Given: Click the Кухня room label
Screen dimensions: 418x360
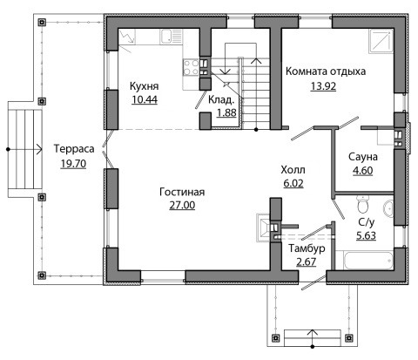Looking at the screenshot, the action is (x=144, y=86).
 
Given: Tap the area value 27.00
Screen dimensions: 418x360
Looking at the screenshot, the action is (x=182, y=205).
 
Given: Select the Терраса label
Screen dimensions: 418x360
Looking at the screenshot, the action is (x=74, y=149).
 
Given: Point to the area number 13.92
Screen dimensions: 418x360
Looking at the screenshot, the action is (x=323, y=86).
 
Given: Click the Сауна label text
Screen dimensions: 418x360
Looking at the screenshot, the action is (x=363, y=157).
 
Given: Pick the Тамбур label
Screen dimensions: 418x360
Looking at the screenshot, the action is (x=307, y=248).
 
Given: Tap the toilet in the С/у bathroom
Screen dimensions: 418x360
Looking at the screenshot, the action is (x=363, y=204).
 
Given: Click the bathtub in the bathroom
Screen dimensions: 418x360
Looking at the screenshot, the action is (x=368, y=261).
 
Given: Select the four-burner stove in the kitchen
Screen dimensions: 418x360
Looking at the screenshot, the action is (x=191, y=67).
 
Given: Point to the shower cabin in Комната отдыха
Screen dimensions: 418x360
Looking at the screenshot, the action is (x=381, y=41).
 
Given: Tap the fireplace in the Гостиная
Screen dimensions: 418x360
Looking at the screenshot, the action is (x=264, y=228).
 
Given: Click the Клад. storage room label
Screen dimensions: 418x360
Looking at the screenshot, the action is (x=221, y=100).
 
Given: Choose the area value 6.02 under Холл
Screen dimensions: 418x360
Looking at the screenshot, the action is (x=293, y=183).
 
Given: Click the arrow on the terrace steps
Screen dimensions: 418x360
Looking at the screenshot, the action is (x=25, y=149).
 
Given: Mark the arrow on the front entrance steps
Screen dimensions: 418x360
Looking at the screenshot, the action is (x=313, y=338).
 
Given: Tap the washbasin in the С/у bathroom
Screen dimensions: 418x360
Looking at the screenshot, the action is (x=388, y=207).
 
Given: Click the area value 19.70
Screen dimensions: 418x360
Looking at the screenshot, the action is (x=73, y=164).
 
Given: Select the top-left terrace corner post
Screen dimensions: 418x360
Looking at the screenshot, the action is (x=42, y=22).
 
